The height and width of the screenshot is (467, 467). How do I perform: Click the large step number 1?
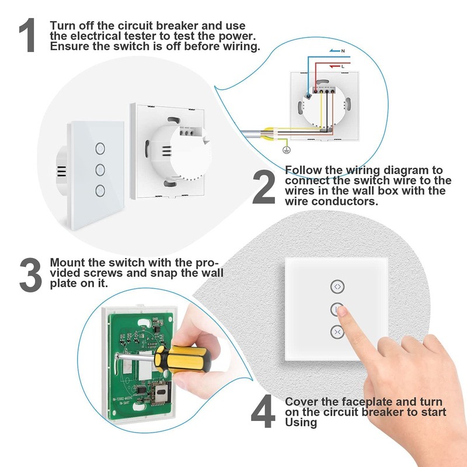(27, 35)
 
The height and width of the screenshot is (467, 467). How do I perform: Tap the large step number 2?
(264, 188)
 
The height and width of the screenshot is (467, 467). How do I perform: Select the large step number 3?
(31, 274)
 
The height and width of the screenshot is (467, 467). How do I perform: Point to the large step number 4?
(263, 411)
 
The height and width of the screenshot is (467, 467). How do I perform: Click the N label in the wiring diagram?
(343, 51)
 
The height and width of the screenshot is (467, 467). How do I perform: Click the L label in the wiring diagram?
(343, 66)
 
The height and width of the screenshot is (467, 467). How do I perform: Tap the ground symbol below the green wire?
(286, 150)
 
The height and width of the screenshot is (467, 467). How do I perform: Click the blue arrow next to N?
(334, 51)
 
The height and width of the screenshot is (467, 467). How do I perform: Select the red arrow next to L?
(334, 66)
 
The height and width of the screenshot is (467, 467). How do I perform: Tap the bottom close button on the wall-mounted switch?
(337, 332)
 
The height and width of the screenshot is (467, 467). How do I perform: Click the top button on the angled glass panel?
(100, 148)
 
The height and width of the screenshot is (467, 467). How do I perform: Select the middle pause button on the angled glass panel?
(100, 170)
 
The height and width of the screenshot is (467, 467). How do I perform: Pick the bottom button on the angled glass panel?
(100, 190)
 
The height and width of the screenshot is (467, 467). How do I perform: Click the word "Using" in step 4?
(301, 422)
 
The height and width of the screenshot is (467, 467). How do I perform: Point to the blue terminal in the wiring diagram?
(308, 96)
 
